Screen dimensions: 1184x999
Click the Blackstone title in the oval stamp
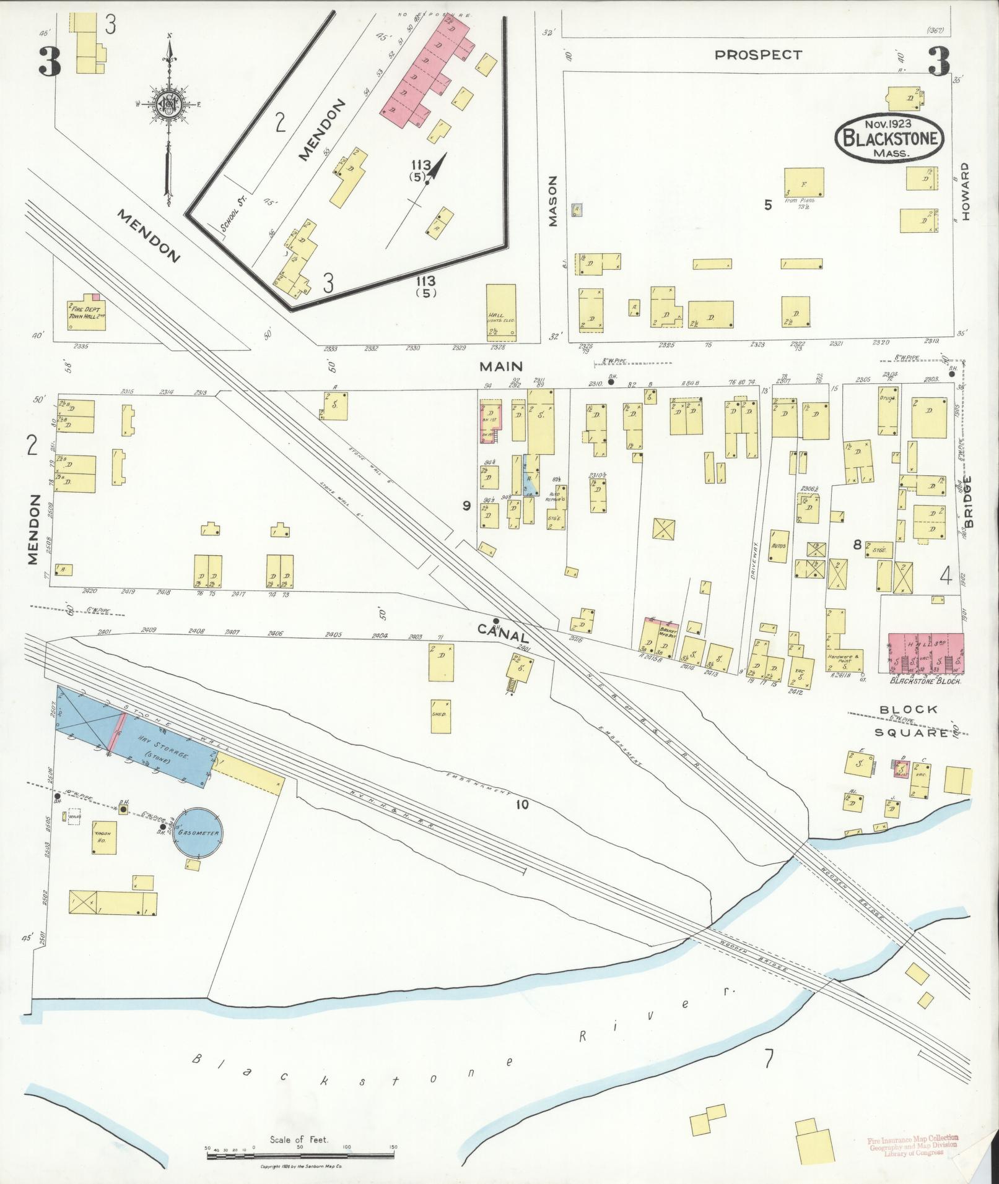[890, 139]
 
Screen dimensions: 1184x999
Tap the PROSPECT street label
[758, 55]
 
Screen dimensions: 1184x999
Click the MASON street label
[554, 201]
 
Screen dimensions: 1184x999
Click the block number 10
[522, 805]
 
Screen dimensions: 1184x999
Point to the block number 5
[768, 205]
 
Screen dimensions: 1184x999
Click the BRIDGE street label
[968, 501]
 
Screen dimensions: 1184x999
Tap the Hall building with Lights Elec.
[501, 312]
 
